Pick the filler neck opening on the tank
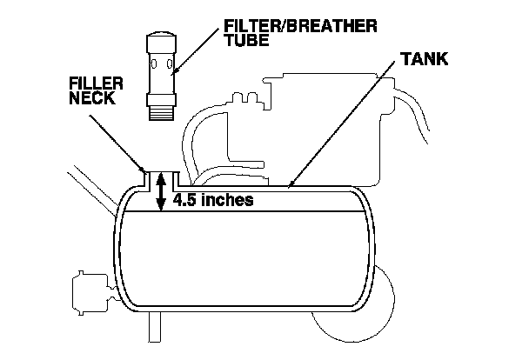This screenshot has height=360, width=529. [160, 174]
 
